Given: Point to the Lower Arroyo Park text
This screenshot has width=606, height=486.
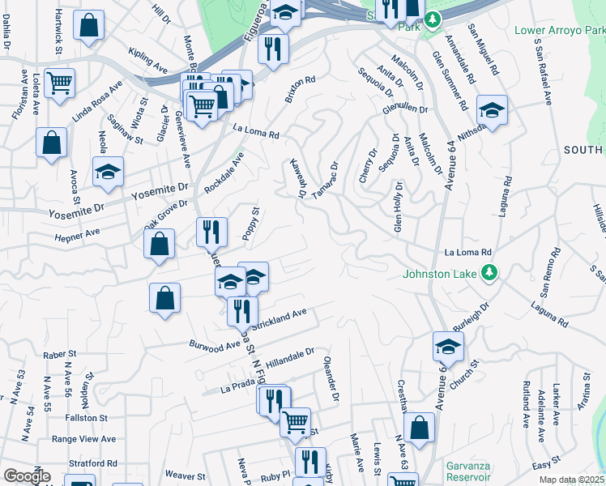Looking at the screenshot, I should click(x=559, y=31).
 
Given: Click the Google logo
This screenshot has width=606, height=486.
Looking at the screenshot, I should click(x=27, y=476).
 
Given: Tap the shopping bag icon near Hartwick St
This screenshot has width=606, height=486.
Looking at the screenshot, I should click(x=89, y=25).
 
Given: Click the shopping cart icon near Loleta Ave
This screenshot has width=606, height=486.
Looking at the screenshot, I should click(x=59, y=83).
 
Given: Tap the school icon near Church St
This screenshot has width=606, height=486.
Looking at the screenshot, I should click(x=447, y=347).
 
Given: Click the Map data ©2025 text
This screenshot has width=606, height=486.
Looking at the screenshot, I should click(x=572, y=480).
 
